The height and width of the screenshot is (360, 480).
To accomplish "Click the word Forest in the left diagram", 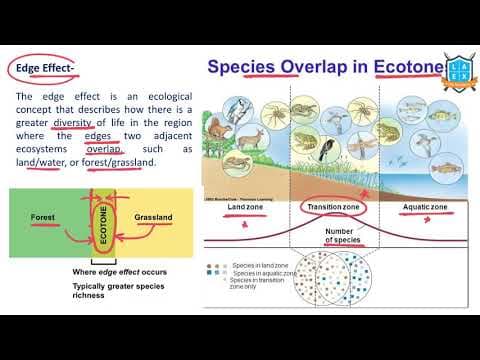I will [x=45, y=216].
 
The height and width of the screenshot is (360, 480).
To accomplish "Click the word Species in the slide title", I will [x=243, y=67].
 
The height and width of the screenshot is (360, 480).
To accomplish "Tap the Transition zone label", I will [x=332, y=207].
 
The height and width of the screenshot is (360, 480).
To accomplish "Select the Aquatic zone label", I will [x=425, y=207].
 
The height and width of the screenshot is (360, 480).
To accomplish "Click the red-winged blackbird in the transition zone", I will [x=328, y=150].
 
